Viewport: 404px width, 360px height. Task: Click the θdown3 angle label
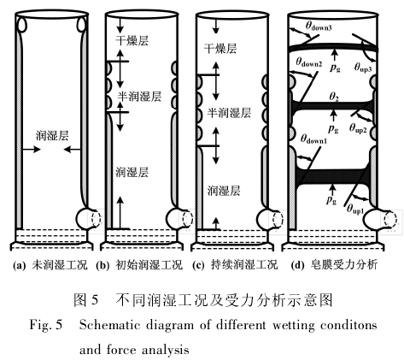pyautogui.click(x=319, y=27)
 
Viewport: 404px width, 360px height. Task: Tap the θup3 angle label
pyautogui.click(x=363, y=68)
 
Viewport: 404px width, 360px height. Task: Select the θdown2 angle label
pyautogui.click(x=309, y=62)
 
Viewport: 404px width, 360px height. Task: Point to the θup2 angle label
pyautogui.click(x=358, y=128)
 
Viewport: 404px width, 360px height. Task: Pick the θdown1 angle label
pyautogui.click(x=313, y=139)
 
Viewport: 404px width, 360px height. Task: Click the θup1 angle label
pyautogui.click(x=355, y=210)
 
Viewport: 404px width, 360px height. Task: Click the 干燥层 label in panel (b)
pyautogui.click(x=132, y=40)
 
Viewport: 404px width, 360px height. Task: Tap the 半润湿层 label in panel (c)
pyautogui.click(x=229, y=113)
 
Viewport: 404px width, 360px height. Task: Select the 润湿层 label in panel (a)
pyautogui.click(x=52, y=135)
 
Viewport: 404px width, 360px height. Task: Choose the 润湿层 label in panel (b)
pyautogui.click(x=132, y=172)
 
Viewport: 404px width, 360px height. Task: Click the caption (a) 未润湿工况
pyautogui.click(x=50, y=265)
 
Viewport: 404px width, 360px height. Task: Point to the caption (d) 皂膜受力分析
pyautogui.click(x=335, y=265)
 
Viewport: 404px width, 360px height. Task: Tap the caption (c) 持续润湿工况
pyautogui.click(x=235, y=265)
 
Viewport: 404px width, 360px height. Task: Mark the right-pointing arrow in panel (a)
pyautogui.click(x=32, y=149)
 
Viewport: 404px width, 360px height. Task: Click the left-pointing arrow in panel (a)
pyautogui.click(x=72, y=149)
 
